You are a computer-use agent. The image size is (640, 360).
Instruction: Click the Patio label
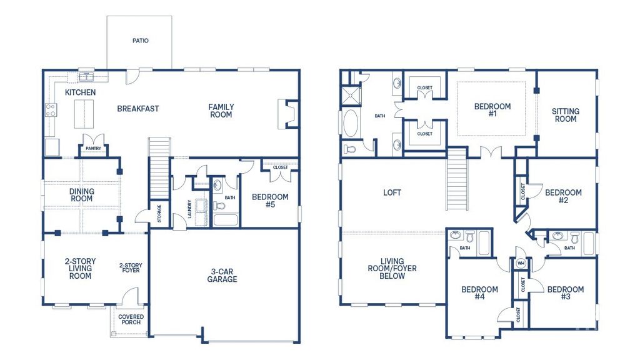point(141,41)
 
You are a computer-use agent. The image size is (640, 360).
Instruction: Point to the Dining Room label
point(81,195)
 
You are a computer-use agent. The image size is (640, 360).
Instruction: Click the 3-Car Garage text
point(222,275)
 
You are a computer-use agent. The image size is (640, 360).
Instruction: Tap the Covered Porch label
point(131,321)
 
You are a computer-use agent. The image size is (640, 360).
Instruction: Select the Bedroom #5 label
point(270,201)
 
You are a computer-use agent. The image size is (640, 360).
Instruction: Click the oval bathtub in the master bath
point(350,123)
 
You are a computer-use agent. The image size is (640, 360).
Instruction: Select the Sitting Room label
point(565,115)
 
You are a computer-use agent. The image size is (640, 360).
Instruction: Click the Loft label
point(392,192)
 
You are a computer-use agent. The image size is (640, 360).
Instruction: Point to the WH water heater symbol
point(520,264)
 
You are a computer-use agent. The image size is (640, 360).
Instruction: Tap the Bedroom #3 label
point(565,293)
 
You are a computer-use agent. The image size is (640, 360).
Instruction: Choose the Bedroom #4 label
point(479,293)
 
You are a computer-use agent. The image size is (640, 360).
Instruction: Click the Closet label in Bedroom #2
point(522,191)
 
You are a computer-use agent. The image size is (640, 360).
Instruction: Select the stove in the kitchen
point(50,111)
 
